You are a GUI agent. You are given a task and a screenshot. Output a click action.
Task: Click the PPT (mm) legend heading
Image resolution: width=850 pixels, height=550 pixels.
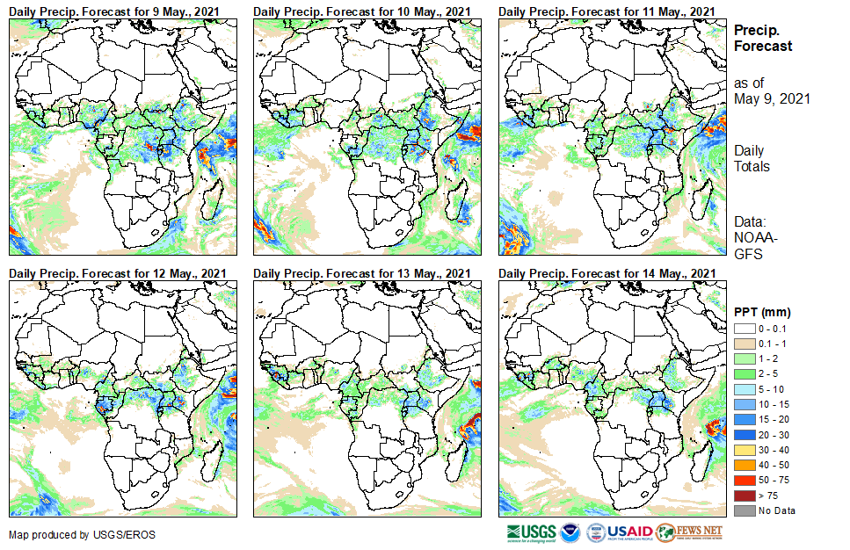762,312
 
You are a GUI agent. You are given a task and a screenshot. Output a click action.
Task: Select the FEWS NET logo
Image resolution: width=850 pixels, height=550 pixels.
690,532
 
